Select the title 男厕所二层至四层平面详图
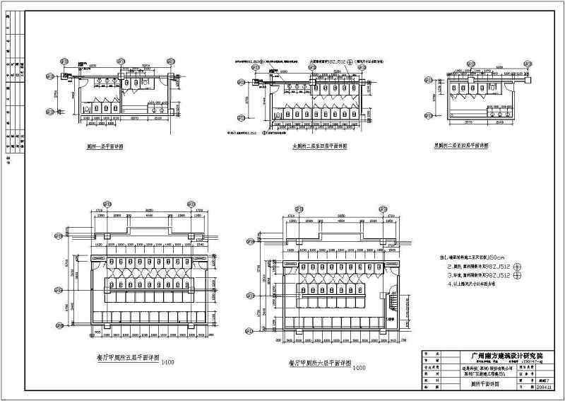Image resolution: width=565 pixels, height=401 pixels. click(463, 146)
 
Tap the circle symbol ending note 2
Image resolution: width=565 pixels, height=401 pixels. click(516, 267)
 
